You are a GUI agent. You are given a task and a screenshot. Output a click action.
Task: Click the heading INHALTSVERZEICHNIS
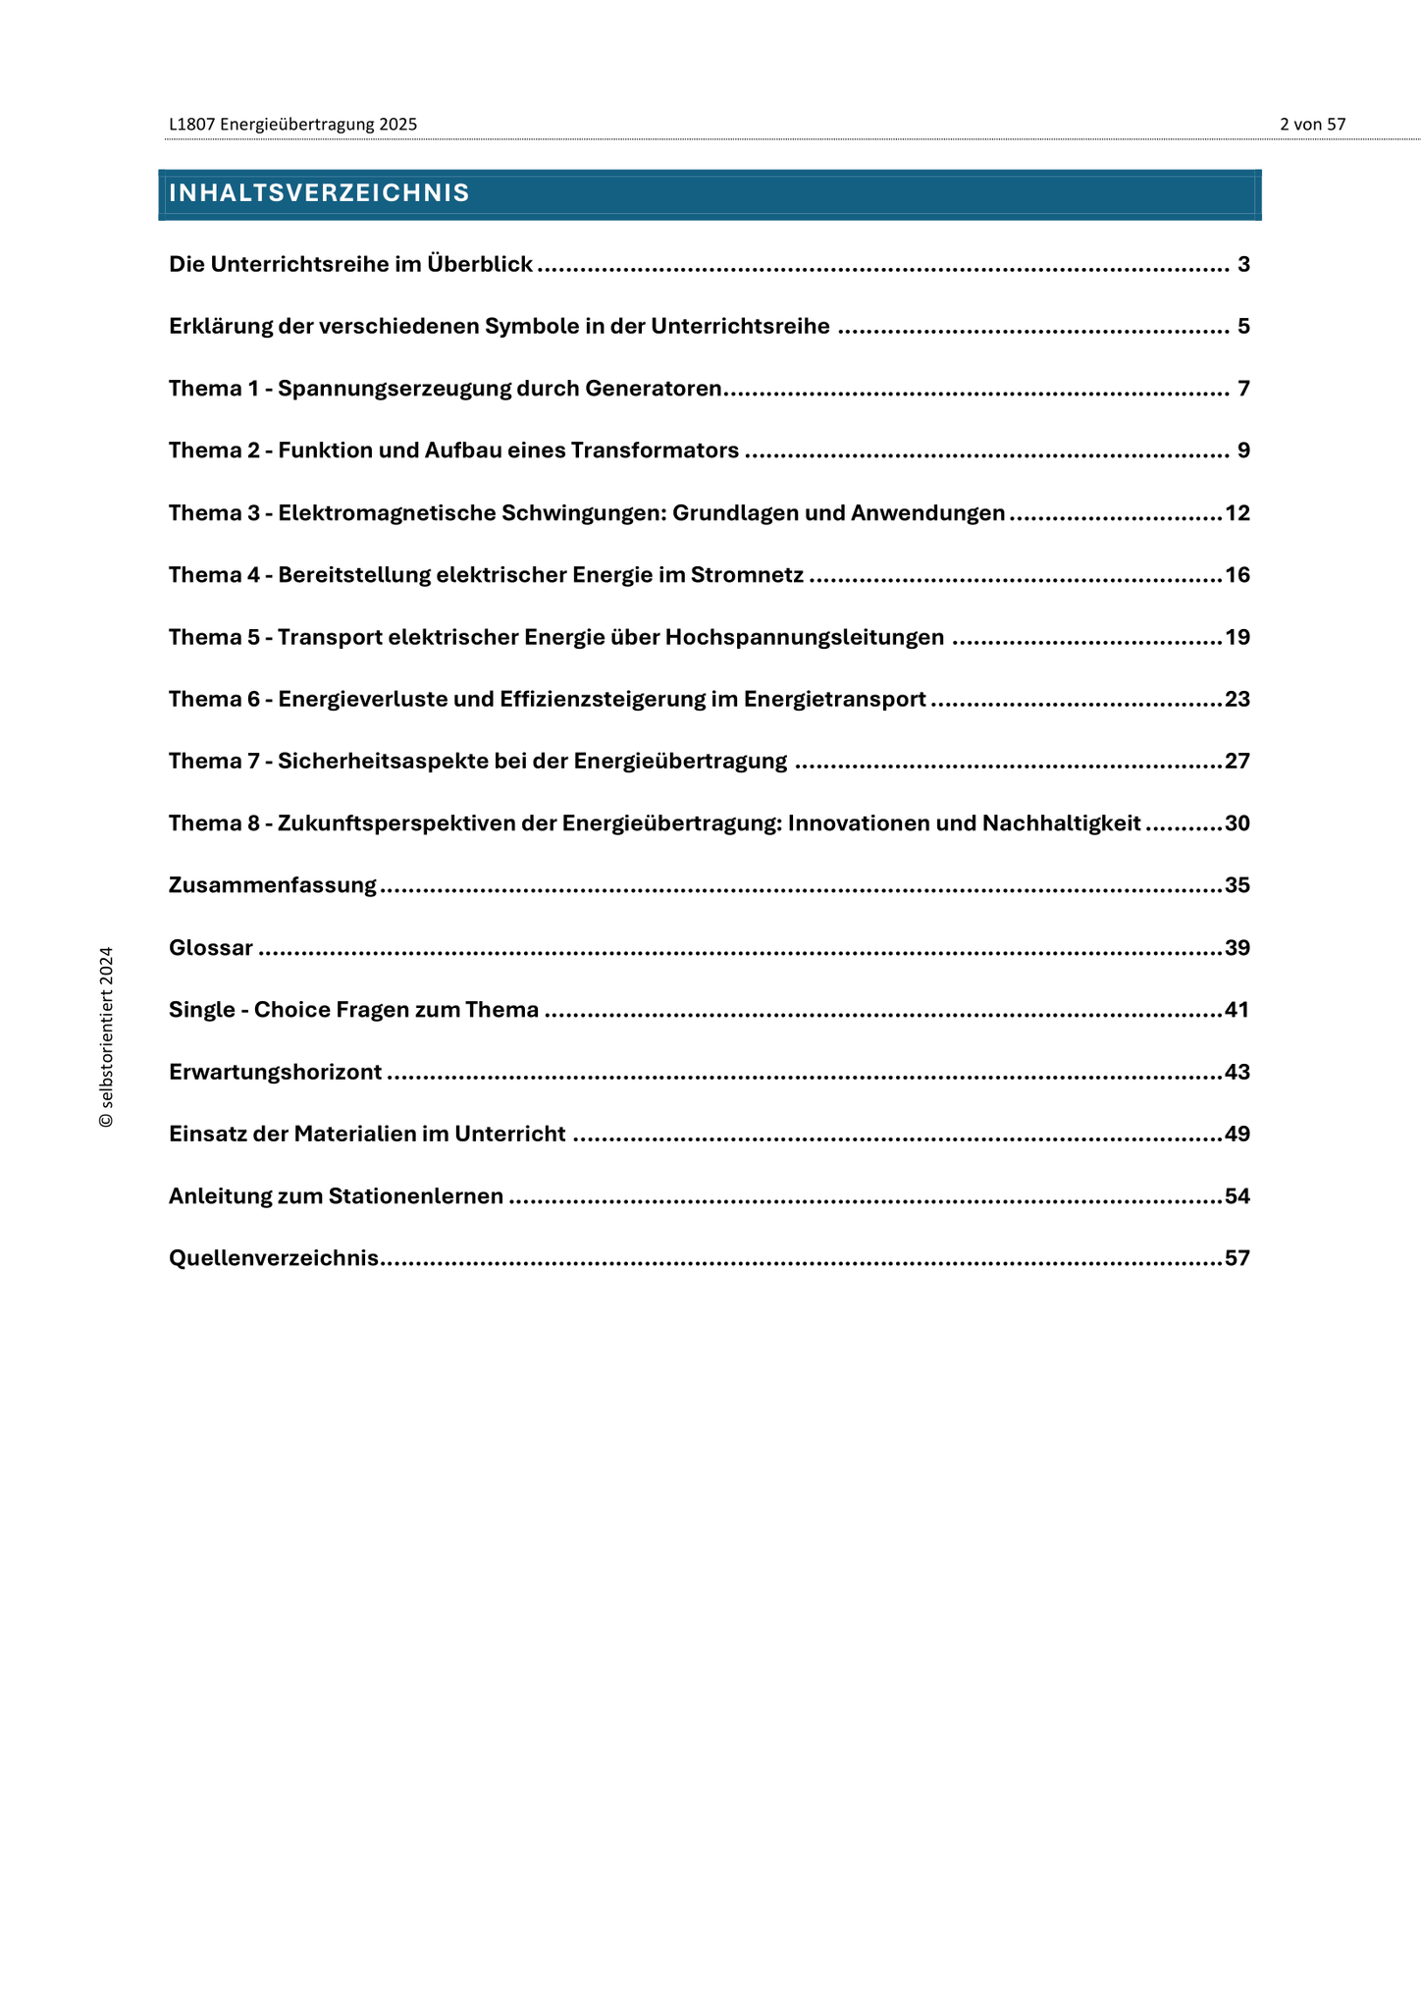point(319,193)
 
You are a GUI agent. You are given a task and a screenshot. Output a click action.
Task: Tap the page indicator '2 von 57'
point(1312,125)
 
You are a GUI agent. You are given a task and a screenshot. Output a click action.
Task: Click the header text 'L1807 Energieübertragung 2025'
point(292,125)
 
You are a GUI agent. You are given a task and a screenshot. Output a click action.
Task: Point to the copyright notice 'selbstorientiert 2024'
point(107,1036)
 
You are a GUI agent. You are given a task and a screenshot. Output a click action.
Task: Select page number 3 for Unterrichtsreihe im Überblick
point(1243,264)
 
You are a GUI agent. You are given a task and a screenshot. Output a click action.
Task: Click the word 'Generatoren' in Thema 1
point(654,389)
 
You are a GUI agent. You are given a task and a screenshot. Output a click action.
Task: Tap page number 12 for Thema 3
point(1237,513)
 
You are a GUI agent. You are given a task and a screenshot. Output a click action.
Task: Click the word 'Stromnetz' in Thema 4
point(747,575)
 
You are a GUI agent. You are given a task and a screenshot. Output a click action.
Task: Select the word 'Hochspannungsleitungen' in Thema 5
point(805,637)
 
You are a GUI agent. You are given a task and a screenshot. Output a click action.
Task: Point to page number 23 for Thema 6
point(1237,699)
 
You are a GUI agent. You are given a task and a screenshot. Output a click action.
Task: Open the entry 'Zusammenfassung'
point(273,885)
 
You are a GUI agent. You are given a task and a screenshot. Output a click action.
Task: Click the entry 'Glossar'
point(211,948)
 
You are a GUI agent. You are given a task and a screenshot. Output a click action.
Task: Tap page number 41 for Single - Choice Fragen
point(1237,1010)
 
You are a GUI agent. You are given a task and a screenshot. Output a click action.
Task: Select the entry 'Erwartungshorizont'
point(275,1072)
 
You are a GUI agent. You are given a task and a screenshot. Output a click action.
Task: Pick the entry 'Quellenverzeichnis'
point(274,1258)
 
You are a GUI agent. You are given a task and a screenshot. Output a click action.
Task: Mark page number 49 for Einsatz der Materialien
point(1237,1135)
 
